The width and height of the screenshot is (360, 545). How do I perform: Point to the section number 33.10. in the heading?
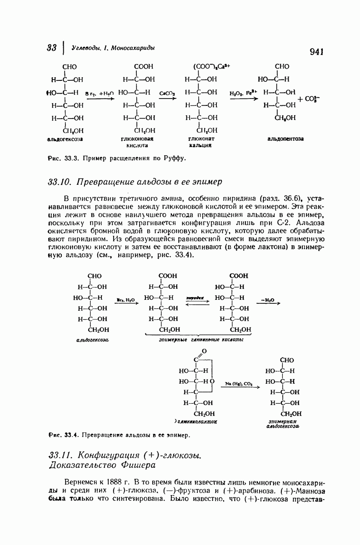pos(60,182)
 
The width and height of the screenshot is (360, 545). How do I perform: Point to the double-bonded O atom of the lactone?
pos(204,351)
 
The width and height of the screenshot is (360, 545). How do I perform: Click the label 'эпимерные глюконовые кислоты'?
pos(201,340)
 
